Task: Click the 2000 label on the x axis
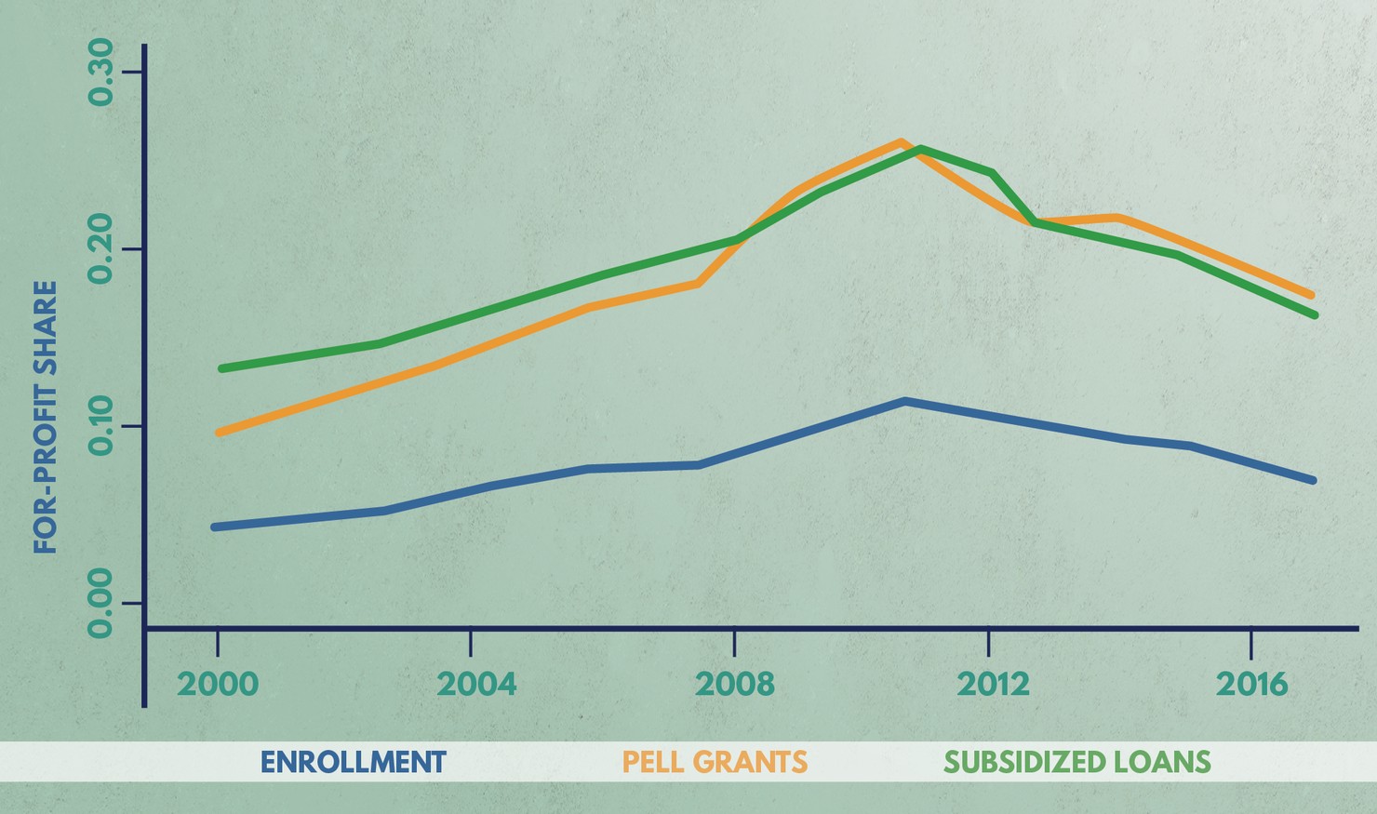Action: pyautogui.click(x=217, y=685)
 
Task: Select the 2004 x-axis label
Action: pyautogui.click(x=476, y=685)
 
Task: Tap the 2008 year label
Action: pyautogui.click(x=735, y=685)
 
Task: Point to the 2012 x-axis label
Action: pyautogui.click(x=994, y=685)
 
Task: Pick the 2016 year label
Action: pyautogui.click(x=1252, y=685)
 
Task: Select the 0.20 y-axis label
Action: pyautogui.click(x=100, y=249)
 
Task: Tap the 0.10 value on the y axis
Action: pyautogui.click(x=100, y=426)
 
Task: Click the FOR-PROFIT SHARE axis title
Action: pyautogui.click(x=46, y=417)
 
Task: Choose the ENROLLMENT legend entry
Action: pyautogui.click(x=353, y=762)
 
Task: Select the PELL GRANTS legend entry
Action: pyautogui.click(x=715, y=762)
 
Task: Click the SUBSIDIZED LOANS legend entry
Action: pyautogui.click(x=1077, y=762)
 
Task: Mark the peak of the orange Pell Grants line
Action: pyautogui.click(x=901, y=142)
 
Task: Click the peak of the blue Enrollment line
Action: pyautogui.click(x=904, y=401)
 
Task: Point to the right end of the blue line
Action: pyautogui.click(x=1312, y=480)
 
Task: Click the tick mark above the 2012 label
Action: pyautogui.click(x=988, y=642)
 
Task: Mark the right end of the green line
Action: pyautogui.click(x=1313, y=315)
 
